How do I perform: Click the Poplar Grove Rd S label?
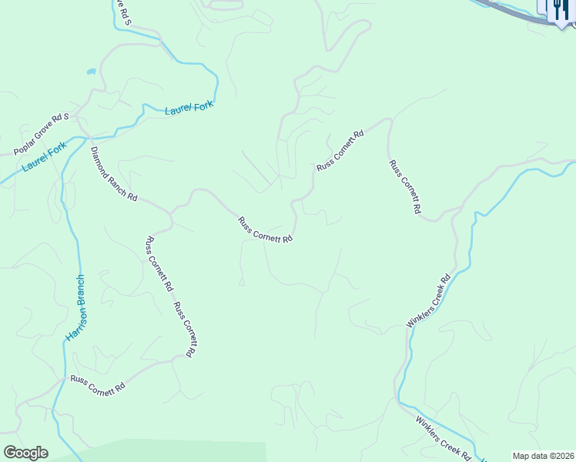coord(42,133)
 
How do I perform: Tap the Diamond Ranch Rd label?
coord(113,174)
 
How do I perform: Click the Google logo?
coord(25,452)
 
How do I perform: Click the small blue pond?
coord(91,72)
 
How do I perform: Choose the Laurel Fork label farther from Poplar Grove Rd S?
coord(189,109)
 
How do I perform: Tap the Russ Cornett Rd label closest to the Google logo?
coord(98,384)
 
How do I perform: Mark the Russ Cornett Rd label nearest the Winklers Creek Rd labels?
coord(404,187)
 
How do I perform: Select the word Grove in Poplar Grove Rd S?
coord(44,132)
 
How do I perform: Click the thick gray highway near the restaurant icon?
coord(508,11)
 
